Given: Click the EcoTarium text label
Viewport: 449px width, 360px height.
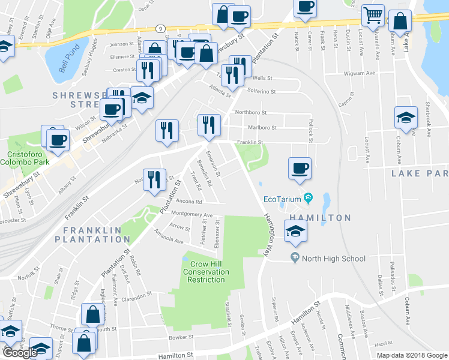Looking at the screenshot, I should [x=282, y=200].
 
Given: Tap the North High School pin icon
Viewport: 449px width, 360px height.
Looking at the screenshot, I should [x=294, y=259].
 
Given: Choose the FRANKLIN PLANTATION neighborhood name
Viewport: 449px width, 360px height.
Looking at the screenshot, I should [x=92, y=235].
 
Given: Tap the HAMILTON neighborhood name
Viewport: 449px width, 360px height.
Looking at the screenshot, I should [x=321, y=217].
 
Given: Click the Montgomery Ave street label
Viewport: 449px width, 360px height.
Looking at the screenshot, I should [x=192, y=214].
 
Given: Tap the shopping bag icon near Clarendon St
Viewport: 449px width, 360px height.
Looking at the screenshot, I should [x=93, y=314].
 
